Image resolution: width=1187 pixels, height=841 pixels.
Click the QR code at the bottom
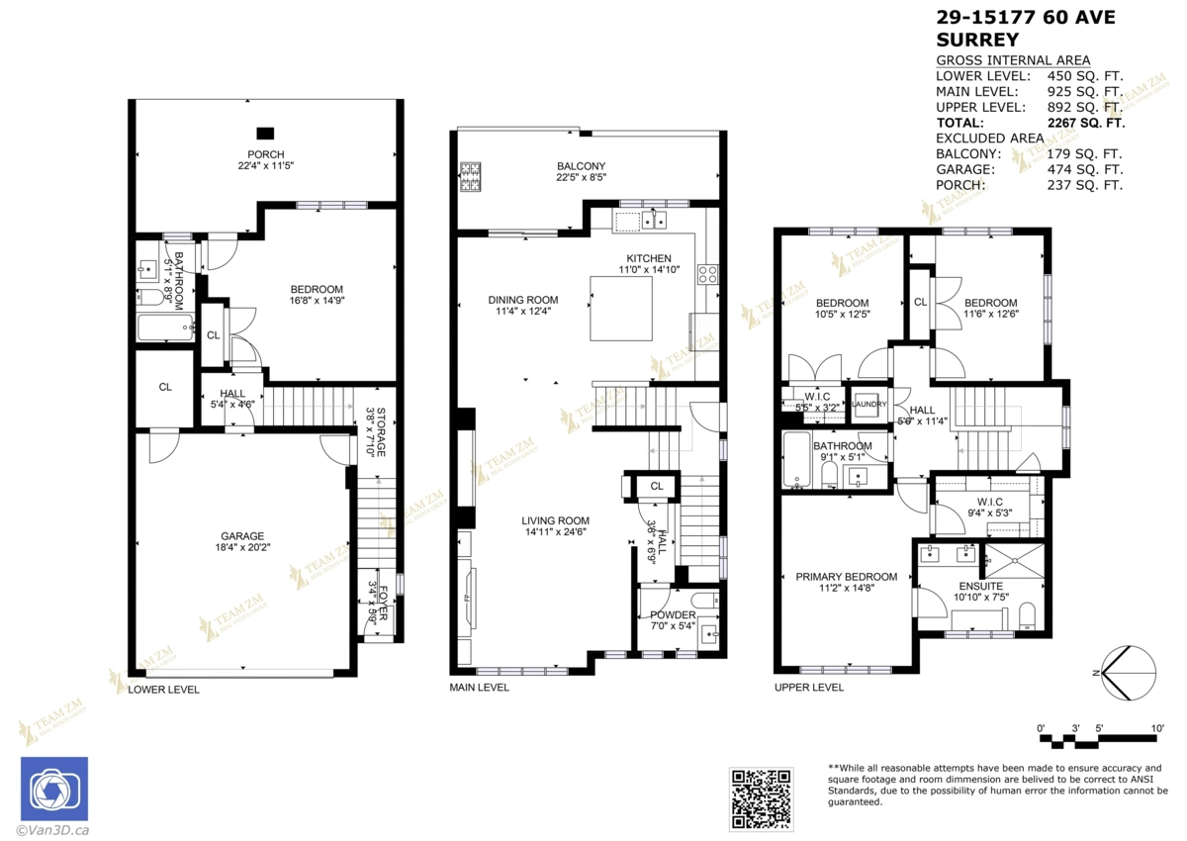(762, 797)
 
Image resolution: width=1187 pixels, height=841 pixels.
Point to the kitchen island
(622, 309)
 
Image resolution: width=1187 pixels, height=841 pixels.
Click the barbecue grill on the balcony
(469, 176)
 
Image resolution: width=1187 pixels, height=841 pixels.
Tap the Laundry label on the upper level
(868, 405)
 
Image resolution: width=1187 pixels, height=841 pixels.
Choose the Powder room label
(673, 620)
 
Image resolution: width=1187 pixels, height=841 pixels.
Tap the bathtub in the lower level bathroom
(161, 327)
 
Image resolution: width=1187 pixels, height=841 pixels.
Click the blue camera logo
(54, 790)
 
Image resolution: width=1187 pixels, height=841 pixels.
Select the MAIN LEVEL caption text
(479, 688)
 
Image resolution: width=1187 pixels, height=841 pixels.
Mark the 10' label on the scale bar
(1156, 728)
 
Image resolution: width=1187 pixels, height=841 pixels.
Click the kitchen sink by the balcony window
(653, 221)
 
